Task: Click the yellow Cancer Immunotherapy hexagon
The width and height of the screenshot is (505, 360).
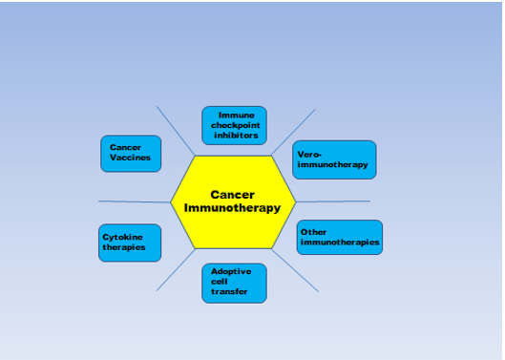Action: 233,202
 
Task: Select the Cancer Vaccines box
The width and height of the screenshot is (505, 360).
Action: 131,154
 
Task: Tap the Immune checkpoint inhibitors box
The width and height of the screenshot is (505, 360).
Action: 234,125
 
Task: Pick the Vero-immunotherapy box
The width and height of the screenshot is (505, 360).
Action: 334,159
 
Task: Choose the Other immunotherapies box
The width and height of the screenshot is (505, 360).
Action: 340,237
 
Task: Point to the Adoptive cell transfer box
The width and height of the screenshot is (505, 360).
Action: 234,283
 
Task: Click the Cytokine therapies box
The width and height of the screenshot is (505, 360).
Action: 130,243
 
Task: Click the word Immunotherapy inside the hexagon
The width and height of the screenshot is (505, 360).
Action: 232,208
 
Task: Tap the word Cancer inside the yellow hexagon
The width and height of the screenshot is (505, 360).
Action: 233,195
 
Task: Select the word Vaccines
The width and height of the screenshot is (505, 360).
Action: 130,158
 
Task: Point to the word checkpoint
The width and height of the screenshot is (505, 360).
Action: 236,125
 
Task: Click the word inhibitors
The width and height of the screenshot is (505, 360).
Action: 236,136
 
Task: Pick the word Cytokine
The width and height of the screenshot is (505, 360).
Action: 122,237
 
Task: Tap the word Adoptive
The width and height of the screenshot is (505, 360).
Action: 231,271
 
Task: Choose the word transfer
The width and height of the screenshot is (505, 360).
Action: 229,291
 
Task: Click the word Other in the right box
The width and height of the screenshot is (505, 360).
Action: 313,232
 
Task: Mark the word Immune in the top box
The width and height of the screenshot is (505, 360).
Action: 237,115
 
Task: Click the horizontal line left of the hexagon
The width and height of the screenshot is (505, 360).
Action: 135,201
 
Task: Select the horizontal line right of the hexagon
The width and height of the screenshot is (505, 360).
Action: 333,201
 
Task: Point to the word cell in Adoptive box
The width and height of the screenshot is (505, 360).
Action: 219,282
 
